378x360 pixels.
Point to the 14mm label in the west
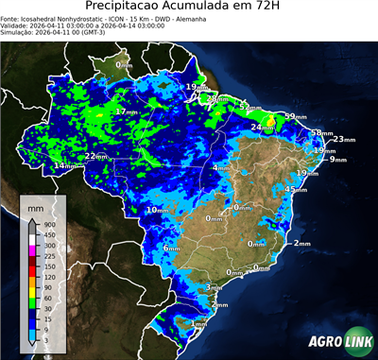[64, 166]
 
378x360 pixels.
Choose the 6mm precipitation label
[171, 249]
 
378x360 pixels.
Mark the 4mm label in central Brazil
[219, 168]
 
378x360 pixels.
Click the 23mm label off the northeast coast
[343, 140]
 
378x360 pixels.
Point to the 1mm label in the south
[198, 324]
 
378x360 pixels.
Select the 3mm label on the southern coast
[214, 287]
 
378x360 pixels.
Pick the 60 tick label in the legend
[46, 298]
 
